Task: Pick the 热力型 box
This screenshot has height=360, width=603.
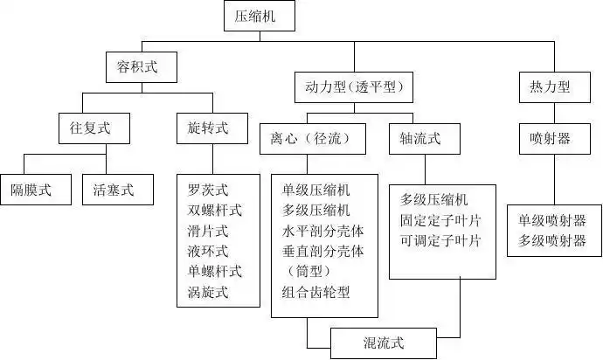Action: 550,87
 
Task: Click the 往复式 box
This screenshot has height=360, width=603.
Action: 83,128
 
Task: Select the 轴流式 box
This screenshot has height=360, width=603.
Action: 420,138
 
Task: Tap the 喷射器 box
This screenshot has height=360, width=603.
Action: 550,138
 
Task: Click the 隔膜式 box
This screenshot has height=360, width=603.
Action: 31,188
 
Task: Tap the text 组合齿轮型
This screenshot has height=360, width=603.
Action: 315,292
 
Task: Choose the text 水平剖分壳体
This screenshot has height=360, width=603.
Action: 322,230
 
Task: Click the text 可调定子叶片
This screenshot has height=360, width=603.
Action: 441,240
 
